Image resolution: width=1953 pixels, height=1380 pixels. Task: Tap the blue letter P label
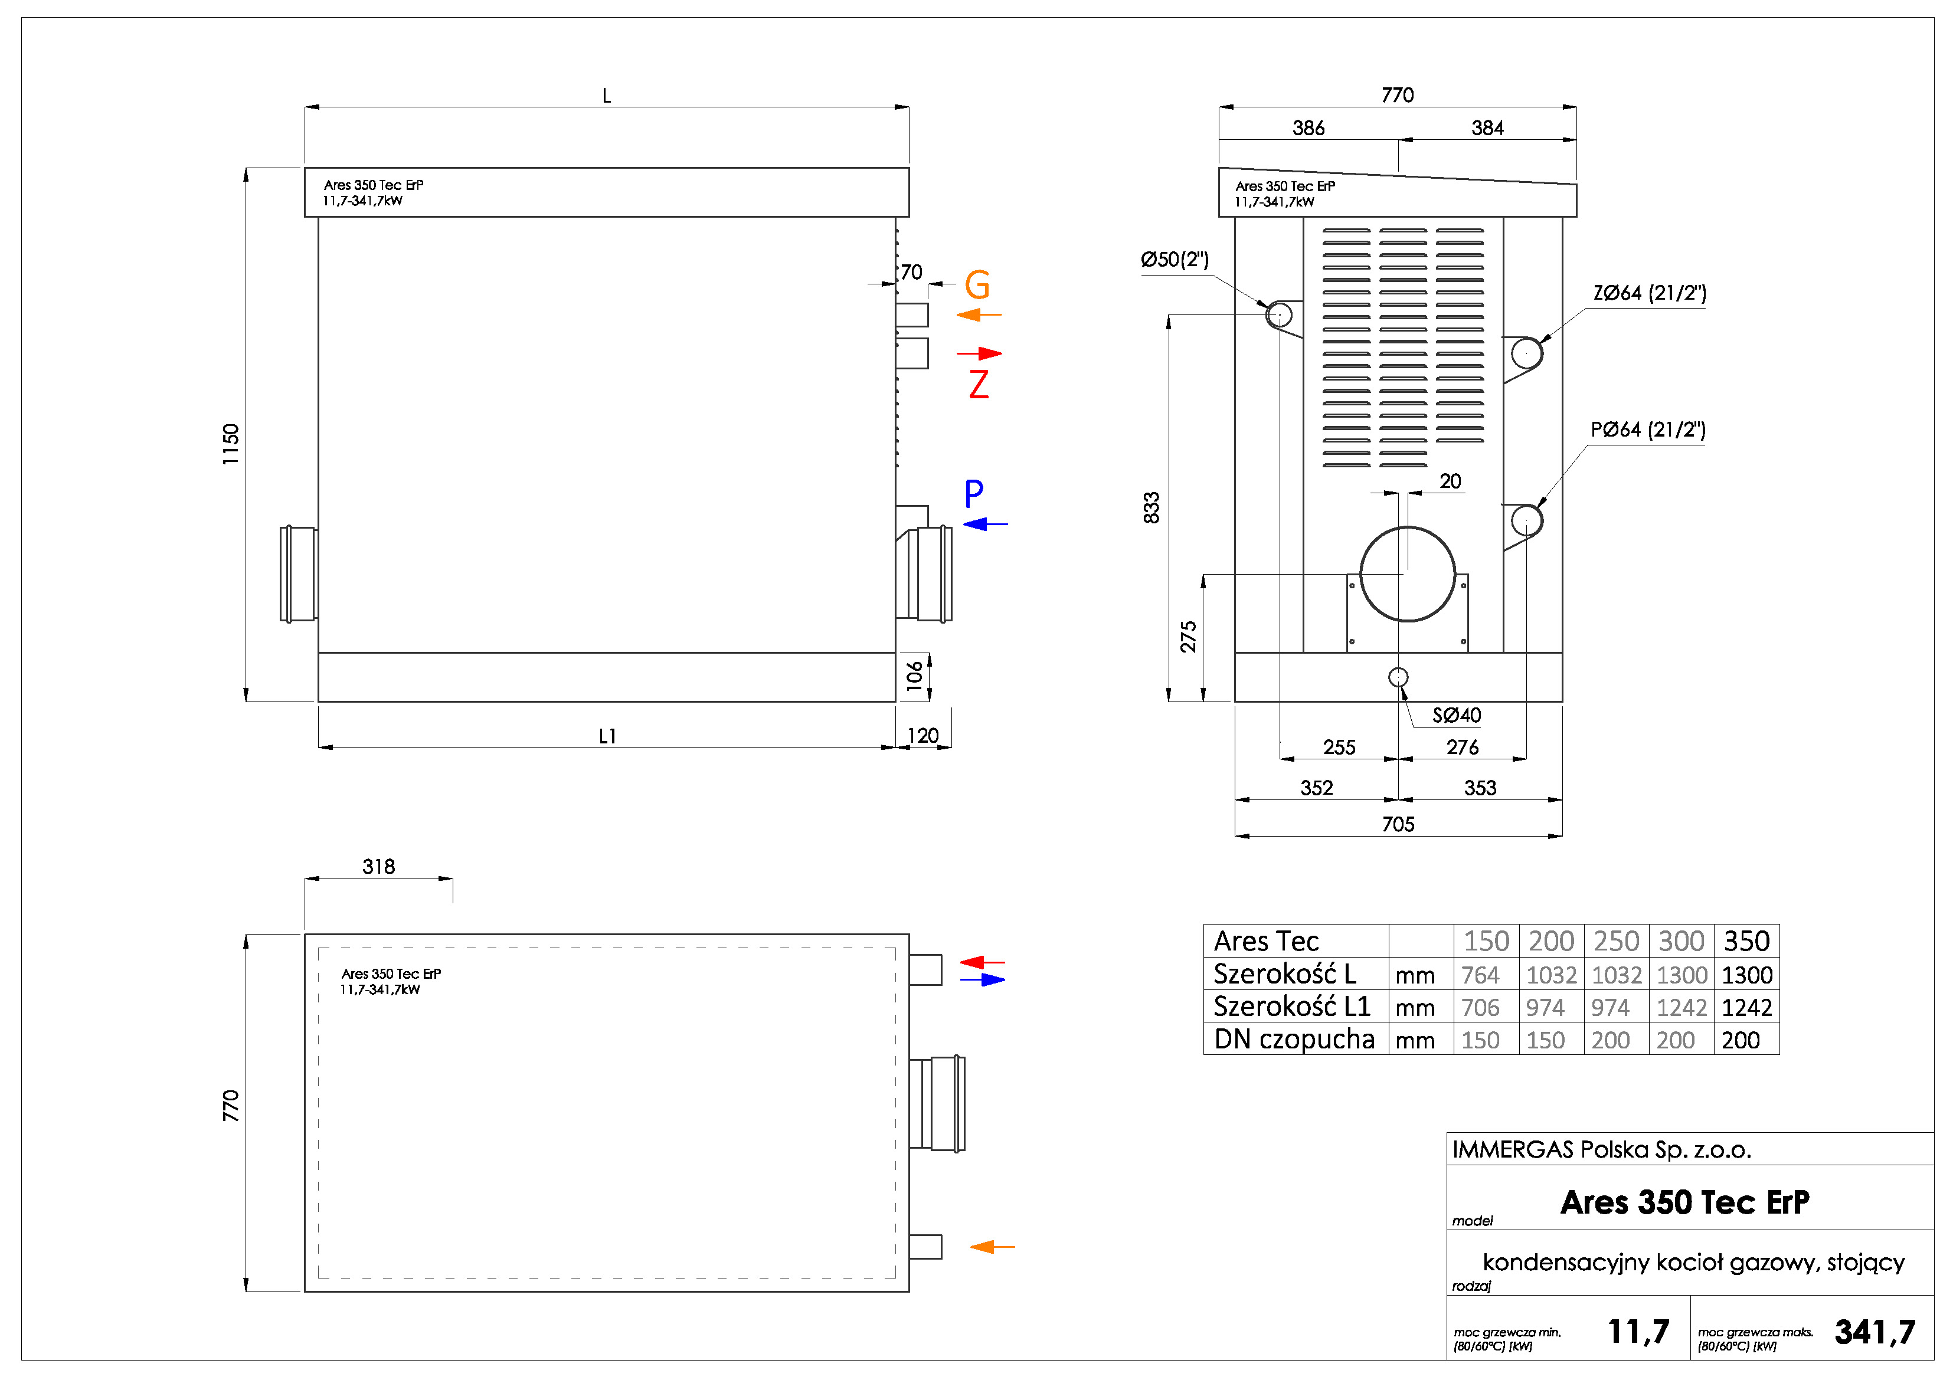click(974, 493)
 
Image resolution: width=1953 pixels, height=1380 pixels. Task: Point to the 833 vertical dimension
click(1151, 507)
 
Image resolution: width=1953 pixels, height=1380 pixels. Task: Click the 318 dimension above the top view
click(378, 867)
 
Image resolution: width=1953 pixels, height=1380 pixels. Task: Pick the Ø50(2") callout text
click(1175, 260)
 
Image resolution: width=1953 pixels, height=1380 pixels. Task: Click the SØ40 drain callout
click(1456, 715)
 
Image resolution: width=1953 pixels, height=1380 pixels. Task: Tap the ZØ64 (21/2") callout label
click(1648, 293)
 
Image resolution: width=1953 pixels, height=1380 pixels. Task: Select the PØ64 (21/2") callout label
click(1648, 430)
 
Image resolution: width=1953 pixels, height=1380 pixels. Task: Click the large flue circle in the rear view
click(1407, 574)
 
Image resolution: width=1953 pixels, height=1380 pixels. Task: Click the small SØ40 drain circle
click(1398, 677)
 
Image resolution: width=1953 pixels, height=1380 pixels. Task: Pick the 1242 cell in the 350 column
click(1746, 1008)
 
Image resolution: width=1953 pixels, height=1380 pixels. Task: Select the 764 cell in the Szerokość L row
click(1480, 975)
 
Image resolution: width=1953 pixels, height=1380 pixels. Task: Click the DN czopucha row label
click(1294, 1039)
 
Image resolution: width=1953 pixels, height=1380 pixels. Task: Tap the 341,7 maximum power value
click(1875, 1332)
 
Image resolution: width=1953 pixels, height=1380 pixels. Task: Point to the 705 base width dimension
click(1398, 824)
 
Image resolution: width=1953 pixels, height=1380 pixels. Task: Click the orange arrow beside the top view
click(992, 1247)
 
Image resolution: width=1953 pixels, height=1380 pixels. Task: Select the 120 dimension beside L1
click(923, 736)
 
